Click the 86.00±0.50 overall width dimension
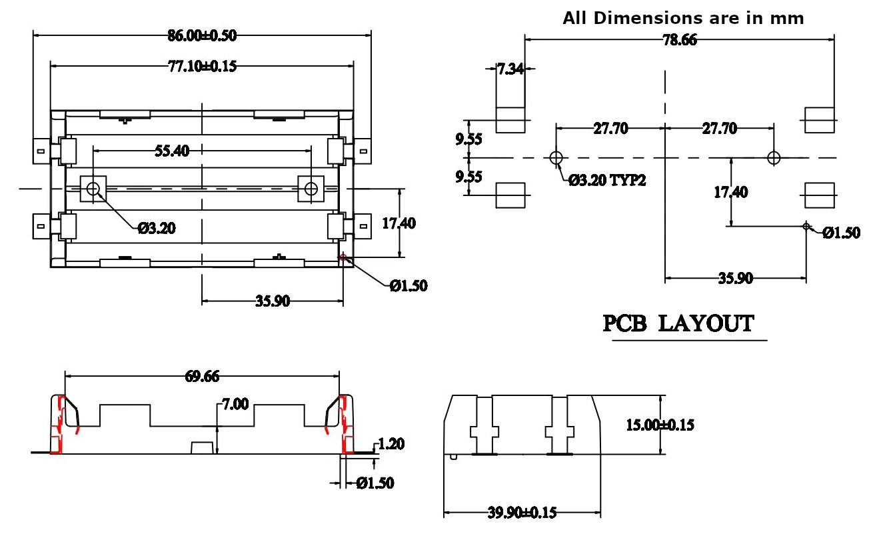pos(201,36)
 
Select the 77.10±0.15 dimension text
pos(201,66)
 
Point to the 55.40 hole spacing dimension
pos(172,151)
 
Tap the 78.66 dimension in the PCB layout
pos(679,40)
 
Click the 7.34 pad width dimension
pos(510,69)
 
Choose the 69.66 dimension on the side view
pos(202,377)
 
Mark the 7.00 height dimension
pos(235,404)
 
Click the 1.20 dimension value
pos(391,444)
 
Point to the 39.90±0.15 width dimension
pos(522,513)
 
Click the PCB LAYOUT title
pos(678,324)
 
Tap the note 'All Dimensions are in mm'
pos(683,18)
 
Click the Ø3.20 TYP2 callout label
pos(607,180)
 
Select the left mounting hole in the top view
pos(93,189)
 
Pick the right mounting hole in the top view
pos(311,189)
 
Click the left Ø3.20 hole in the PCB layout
pos(556,158)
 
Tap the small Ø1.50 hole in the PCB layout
pos(806,227)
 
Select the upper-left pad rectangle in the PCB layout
pos(510,120)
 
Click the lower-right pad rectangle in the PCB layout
pos(820,195)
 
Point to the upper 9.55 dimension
pos(468,139)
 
